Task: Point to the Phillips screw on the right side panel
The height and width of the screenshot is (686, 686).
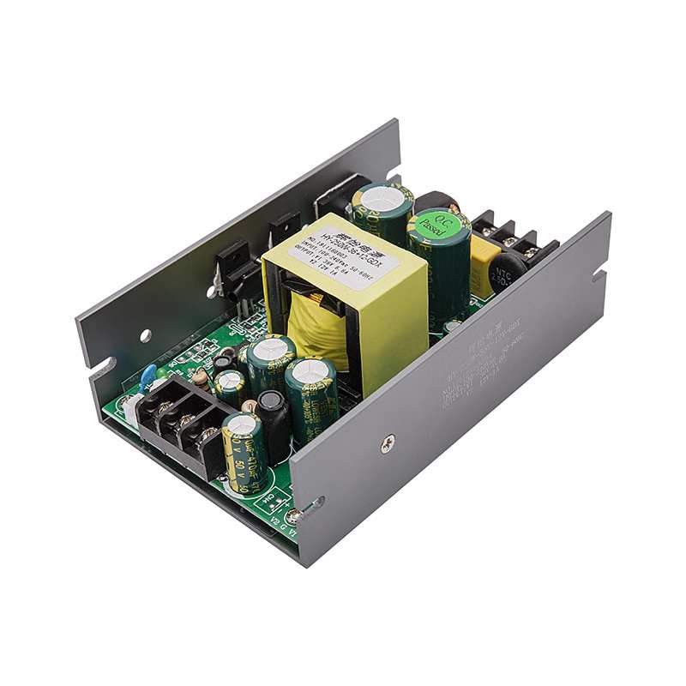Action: tap(388, 442)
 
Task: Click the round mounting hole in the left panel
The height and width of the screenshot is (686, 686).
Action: tap(146, 335)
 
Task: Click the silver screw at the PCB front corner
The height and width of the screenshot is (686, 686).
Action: tap(293, 516)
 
